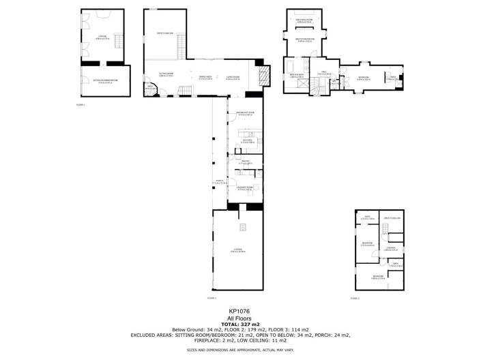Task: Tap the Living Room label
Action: click(233, 78)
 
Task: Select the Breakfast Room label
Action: click(245, 113)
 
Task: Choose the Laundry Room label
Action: click(245, 189)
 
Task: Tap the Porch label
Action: click(219, 182)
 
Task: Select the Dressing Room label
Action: click(304, 21)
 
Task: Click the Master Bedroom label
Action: click(304, 40)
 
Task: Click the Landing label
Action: click(391, 250)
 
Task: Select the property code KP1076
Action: click(240, 311)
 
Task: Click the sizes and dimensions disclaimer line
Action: click(240, 350)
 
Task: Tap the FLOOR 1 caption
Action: click(80, 104)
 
